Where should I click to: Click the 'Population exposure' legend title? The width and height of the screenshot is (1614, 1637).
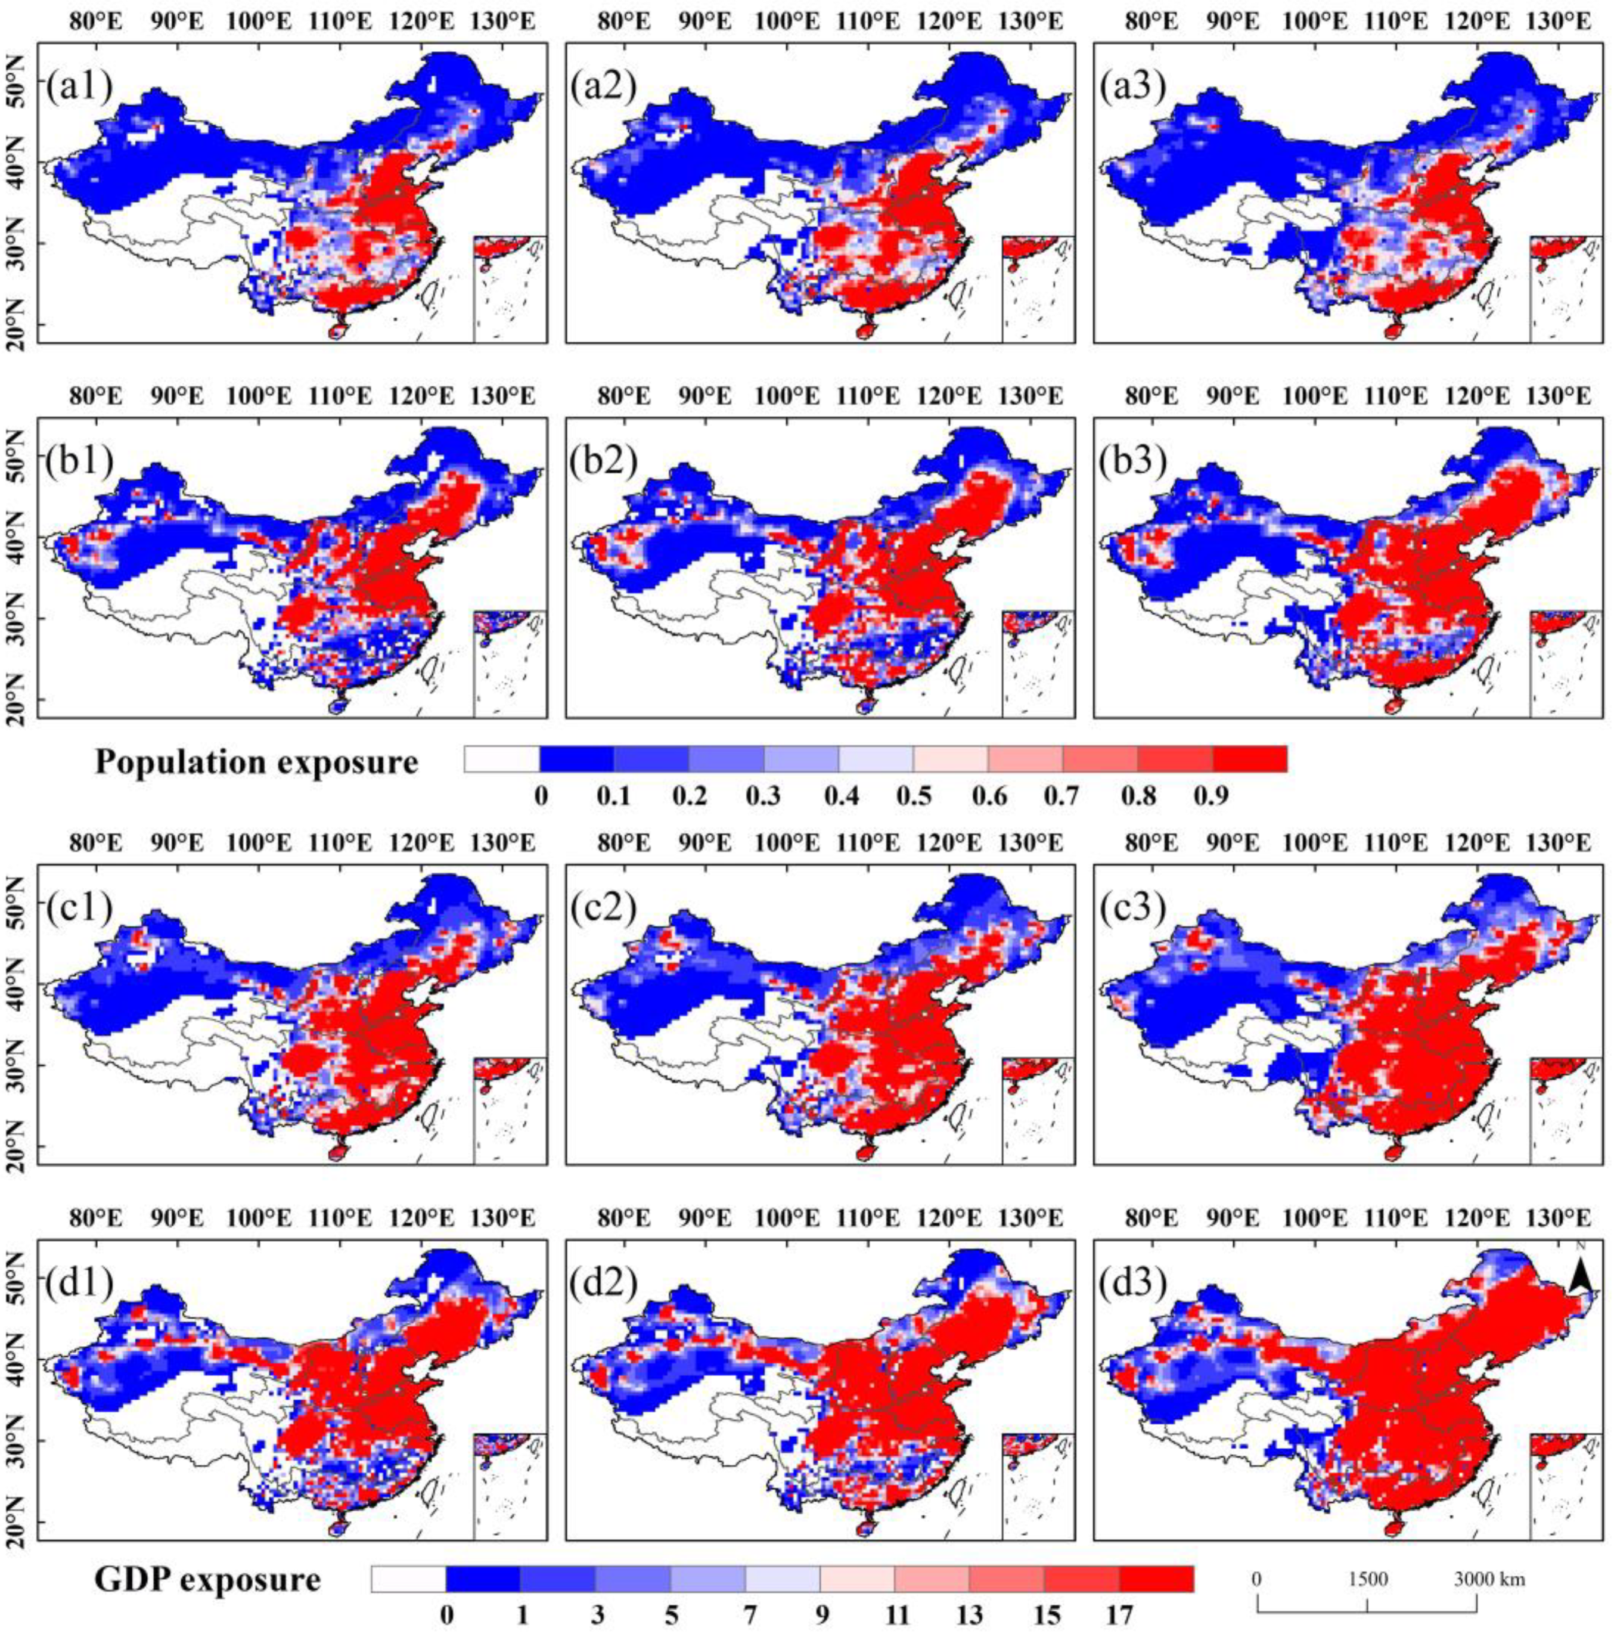(x=257, y=762)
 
